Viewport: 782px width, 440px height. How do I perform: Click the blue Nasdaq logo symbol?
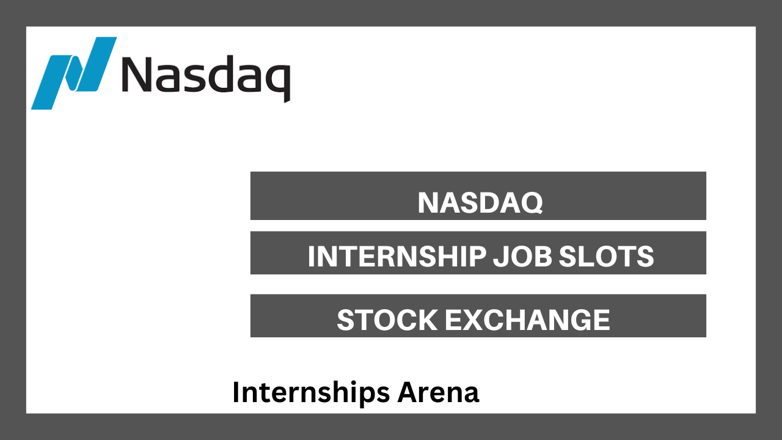point(74,73)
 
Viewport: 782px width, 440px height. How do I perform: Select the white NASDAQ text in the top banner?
point(480,203)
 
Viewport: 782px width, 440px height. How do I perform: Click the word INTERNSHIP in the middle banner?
point(397,257)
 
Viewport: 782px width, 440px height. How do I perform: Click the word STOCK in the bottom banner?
point(387,320)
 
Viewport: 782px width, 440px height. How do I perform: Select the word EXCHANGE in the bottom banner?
point(527,320)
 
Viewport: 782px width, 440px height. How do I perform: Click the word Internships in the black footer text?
point(311,392)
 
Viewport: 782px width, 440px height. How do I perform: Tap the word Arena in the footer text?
point(438,392)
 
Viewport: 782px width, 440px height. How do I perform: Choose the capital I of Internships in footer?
point(236,392)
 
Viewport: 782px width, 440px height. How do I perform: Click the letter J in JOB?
point(500,257)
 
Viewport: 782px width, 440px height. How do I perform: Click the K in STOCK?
point(427,320)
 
